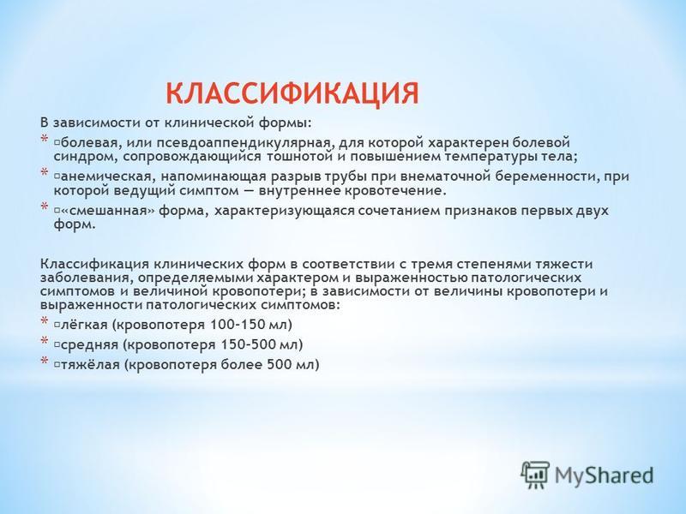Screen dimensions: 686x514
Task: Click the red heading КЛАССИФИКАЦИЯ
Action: click(292, 93)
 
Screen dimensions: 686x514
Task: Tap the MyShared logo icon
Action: click(535, 475)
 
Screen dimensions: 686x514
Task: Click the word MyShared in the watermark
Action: click(605, 475)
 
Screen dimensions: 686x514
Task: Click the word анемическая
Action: click(107, 176)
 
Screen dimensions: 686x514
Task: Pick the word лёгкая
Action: click(84, 325)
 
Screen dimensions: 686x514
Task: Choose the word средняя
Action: click(90, 345)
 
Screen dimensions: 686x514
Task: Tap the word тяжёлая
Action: click(90, 365)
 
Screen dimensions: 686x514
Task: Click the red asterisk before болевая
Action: click(45, 140)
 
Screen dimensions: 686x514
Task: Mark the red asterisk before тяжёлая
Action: click(45, 361)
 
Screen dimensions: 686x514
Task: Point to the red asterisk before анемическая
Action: click(45, 173)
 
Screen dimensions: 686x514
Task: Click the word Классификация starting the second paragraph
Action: click(95, 265)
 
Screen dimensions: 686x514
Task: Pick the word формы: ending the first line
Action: click(285, 123)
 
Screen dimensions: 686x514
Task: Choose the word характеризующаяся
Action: click(284, 211)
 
